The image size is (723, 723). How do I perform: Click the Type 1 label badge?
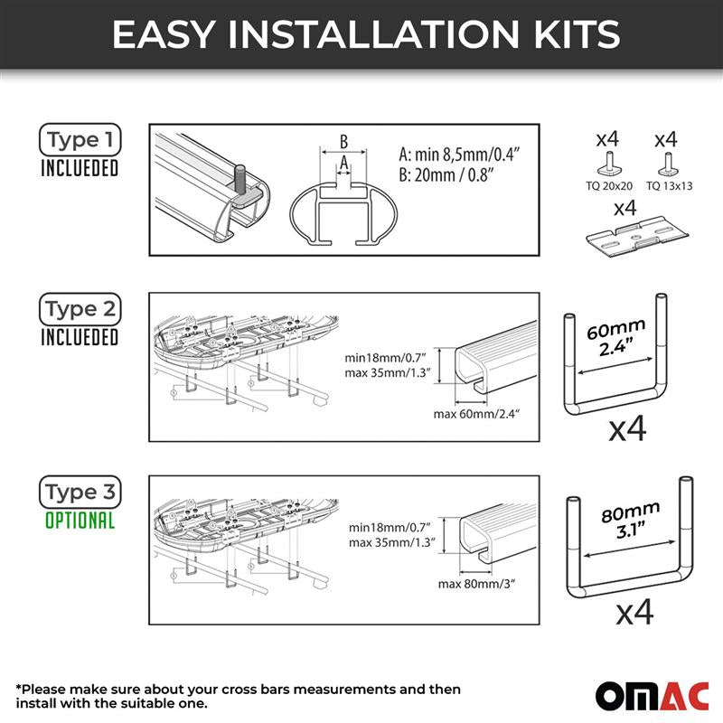(x=80, y=139)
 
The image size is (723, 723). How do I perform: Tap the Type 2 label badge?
(x=80, y=309)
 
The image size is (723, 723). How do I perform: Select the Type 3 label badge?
(x=80, y=492)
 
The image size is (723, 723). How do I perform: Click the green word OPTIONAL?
(x=80, y=521)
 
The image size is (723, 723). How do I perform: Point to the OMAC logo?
(x=652, y=695)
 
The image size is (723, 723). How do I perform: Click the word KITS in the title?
(x=577, y=34)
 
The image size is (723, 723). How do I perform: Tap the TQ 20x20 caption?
(x=609, y=186)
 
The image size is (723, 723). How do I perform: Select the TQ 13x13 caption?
(x=669, y=186)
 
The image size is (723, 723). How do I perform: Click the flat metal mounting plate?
(x=637, y=236)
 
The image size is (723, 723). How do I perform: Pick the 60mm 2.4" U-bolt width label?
(x=615, y=337)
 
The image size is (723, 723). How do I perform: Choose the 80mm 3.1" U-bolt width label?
(x=631, y=520)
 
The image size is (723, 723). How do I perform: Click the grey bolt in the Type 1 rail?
(x=240, y=179)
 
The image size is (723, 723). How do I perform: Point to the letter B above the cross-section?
(x=343, y=142)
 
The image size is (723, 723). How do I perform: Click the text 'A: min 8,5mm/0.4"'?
(x=459, y=154)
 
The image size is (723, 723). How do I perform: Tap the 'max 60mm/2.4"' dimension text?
(x=476, y=414)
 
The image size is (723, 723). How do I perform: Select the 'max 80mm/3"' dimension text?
(x=476, y=584)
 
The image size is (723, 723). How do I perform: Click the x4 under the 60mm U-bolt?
(x=627, y=429)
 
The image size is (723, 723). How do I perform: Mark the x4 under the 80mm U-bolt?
(x=635, y=612)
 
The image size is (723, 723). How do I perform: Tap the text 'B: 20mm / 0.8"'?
(x=446, y=175)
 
